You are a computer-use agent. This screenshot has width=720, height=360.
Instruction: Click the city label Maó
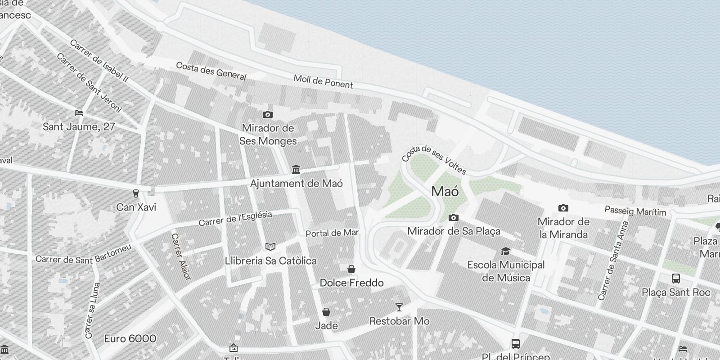(445, 192)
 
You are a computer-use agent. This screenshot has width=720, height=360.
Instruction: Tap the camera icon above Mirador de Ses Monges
(268, 114)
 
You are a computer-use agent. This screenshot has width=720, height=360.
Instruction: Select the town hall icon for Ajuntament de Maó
(296, 169)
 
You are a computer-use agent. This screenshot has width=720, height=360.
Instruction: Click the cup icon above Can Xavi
(135, 193)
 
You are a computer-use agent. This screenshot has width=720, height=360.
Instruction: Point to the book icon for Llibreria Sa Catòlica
(270, 247)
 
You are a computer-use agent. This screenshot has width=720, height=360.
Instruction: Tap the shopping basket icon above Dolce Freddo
(351, 269)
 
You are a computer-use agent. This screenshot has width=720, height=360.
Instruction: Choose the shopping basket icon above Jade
(326, 312)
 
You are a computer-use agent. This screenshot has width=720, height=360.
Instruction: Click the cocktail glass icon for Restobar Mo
(399, 307)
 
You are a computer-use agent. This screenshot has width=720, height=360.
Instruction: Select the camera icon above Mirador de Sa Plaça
(454, 218)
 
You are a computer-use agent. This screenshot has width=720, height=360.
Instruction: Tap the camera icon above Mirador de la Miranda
(563, 208)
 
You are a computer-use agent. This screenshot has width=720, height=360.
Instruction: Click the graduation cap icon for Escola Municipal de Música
(506, 251)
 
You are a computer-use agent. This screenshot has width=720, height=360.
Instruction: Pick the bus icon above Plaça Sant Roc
(675, 278)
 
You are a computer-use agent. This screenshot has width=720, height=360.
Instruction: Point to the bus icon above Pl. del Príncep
(516, 344)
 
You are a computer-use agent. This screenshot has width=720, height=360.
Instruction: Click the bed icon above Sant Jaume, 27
(79, 112)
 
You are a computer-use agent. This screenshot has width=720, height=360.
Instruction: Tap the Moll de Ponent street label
(323, 81)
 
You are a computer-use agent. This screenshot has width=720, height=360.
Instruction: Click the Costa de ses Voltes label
(434, 160)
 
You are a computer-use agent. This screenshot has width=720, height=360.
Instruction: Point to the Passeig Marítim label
(635, 211)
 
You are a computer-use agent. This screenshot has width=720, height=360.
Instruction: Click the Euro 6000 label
(130, 338)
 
